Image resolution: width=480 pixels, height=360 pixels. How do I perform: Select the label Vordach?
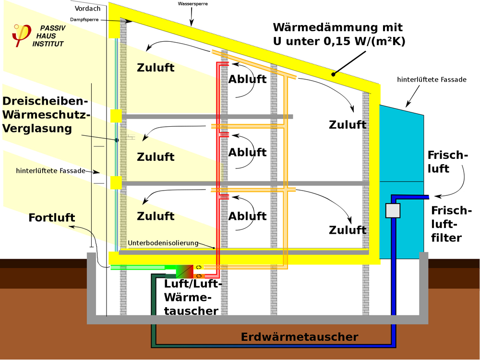87,9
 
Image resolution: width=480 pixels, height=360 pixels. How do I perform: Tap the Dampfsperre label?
84,20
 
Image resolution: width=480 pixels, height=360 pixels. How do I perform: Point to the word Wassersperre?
192,4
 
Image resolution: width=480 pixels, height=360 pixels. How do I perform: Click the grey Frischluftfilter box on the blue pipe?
393,211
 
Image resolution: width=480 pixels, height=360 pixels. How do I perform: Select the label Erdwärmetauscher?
300,337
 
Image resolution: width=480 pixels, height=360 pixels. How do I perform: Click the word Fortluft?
52,217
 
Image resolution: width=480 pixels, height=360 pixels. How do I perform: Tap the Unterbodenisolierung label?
163,243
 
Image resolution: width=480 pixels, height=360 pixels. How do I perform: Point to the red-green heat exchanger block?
185,272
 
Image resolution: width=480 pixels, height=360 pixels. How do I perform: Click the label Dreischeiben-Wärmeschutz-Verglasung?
46,115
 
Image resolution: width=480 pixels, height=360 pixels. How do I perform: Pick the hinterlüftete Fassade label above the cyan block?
432,80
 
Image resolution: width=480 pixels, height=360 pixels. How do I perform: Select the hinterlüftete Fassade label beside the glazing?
50,170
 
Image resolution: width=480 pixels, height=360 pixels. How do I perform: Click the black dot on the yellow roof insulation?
334,74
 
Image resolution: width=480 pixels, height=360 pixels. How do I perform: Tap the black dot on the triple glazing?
117,140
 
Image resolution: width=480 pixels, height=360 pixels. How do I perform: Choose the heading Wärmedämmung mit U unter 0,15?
339,34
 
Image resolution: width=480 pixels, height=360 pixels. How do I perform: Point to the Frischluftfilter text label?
451,224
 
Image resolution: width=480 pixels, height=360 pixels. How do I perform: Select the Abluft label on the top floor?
247,79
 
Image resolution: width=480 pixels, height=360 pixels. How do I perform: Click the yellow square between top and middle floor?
116,116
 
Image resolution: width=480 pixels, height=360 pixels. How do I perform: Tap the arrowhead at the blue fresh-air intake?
437,196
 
